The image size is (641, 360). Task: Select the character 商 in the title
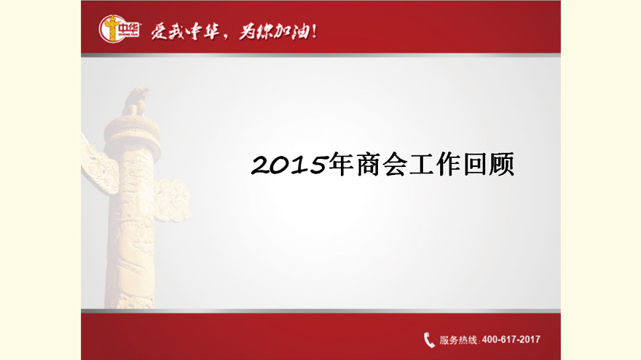click(368, 164)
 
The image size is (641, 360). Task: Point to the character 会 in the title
click(395, 164)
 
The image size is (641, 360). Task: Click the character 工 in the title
click(422, 165)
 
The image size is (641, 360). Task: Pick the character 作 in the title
click(448, 164)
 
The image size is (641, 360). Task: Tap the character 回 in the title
click(475, 165)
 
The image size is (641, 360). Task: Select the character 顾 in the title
click(502, 164)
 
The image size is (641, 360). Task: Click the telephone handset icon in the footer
click(429, 340)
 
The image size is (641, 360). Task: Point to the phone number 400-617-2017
click(511, 340)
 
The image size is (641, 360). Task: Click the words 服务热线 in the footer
click(458, 340)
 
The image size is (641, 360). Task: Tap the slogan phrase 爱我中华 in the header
click(185, 31)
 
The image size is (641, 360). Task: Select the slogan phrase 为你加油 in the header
click(275, 31)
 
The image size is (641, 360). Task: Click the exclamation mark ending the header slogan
click(314, 31)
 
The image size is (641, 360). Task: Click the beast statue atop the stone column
click(135, 101)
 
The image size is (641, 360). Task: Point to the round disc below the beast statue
click(132, 131)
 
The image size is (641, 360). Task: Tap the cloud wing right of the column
click(172, 200)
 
